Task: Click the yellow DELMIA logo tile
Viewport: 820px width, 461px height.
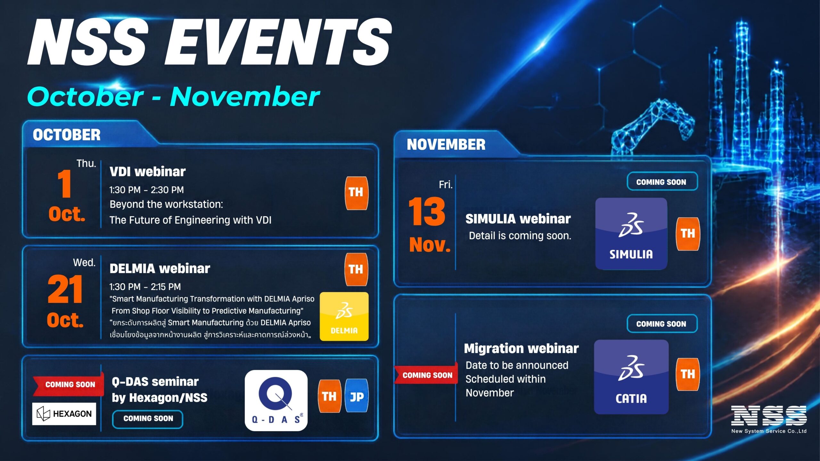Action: click(344, 316)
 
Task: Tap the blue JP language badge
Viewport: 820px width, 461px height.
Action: click(357, 396)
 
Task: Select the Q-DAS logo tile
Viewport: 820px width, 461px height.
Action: click(276, 400)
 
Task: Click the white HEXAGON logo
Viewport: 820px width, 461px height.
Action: click(64, 414)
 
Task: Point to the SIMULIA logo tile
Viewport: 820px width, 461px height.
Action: click(631, 234)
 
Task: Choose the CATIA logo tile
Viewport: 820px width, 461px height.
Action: click(631, 377)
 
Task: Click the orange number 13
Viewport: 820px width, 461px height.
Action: click(427, 211)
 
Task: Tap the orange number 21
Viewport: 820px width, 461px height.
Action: click(65, 289)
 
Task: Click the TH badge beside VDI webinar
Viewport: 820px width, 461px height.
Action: click(356, 193)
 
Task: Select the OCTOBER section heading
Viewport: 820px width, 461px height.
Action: click(67, 135)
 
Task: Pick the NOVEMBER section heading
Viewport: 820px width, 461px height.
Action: click(446, 144)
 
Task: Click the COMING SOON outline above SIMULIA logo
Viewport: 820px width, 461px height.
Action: click(662, 182)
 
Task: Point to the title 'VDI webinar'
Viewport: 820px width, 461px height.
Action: click(148, 172)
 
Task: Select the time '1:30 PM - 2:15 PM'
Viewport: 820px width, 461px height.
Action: click(145, 287)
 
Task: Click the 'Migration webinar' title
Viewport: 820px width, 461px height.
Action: click(521, 348)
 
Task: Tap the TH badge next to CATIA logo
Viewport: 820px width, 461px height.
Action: click(688, 374)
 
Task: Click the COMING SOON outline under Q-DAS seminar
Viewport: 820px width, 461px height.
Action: click(148, 419)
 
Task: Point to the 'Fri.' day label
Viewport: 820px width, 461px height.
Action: click(446, 185)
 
